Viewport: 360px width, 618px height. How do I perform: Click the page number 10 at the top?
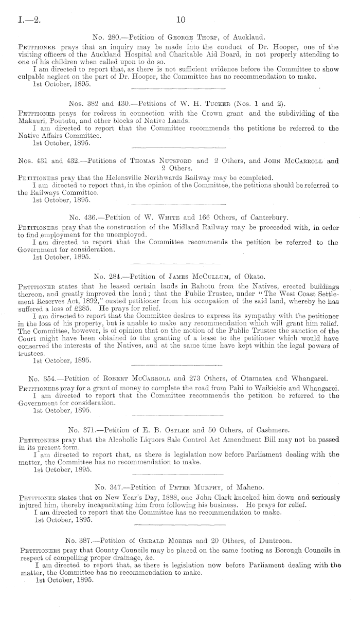(180, 20)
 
